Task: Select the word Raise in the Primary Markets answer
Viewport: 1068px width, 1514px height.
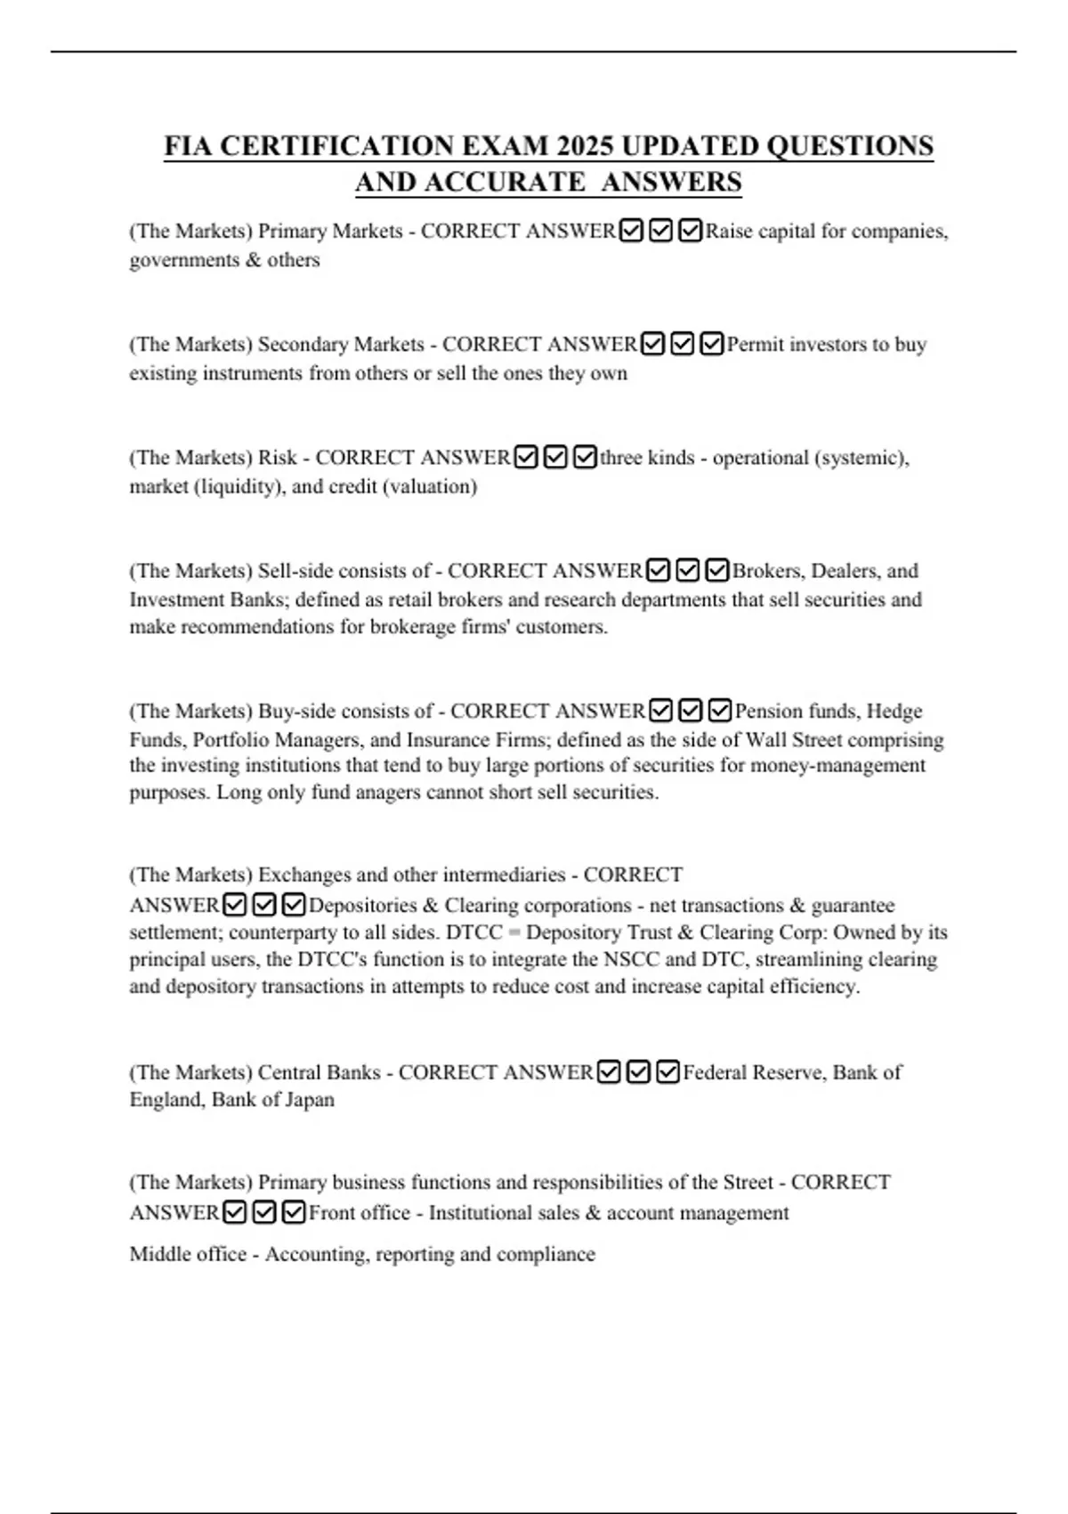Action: coord(730,232)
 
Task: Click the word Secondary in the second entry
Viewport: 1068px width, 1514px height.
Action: coord(303,345)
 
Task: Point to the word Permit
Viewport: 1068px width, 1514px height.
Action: coord(755,345)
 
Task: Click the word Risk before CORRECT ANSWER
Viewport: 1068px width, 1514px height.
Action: coord(277,458)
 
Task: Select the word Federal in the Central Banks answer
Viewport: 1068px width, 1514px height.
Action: coord(715,1072)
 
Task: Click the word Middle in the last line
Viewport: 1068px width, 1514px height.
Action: coord(158,1255)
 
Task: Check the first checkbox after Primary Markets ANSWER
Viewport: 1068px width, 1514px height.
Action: coord(630,232)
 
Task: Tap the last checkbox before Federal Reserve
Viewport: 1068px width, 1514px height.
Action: coord(668,1072)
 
